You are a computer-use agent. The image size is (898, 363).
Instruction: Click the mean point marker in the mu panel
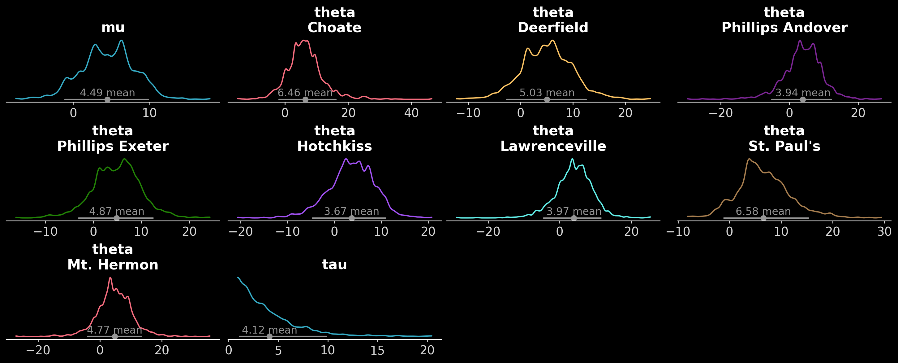pos(107,99)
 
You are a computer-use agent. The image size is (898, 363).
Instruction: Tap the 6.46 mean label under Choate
pos(305,93)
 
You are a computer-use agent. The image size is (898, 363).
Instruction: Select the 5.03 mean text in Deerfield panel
pos(547,93)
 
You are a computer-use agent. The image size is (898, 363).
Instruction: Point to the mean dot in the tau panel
pos(269,336)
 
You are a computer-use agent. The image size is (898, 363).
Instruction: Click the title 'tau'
pos(334,265)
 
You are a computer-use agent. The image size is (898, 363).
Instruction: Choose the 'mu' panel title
pos(113,28)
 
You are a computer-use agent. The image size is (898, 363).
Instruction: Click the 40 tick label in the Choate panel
pos(411,113)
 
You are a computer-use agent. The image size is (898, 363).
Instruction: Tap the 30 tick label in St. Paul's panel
pos(884,232)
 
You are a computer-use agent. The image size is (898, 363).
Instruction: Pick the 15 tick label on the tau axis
pos(377,350)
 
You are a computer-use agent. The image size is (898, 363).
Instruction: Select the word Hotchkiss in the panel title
pos(334,146)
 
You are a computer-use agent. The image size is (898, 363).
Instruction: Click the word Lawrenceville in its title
pos(553,146)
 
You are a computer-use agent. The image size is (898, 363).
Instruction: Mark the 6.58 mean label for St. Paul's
pos(763,212)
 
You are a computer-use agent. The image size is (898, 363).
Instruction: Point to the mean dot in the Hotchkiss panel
pos(352,218)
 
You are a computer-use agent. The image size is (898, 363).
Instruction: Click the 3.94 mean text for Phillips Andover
pos(802,93)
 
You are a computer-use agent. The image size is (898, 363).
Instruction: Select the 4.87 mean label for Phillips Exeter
pos(117,212)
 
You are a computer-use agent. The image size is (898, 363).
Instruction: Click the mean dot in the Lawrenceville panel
pos(574,218)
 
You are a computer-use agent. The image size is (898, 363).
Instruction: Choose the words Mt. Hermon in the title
pos(113,265)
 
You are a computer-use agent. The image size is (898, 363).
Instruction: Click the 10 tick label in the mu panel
pos(149,113)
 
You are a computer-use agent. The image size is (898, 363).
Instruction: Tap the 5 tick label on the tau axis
pos(278,350)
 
